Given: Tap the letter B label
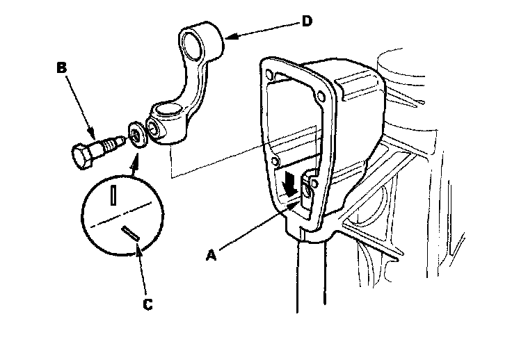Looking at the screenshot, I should click(61, 68).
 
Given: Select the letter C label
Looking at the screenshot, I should click(147, 303).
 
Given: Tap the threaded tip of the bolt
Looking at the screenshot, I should click(116, 142).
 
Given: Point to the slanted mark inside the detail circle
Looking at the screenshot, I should click(129, 234).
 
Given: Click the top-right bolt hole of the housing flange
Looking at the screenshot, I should click(320, 95).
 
